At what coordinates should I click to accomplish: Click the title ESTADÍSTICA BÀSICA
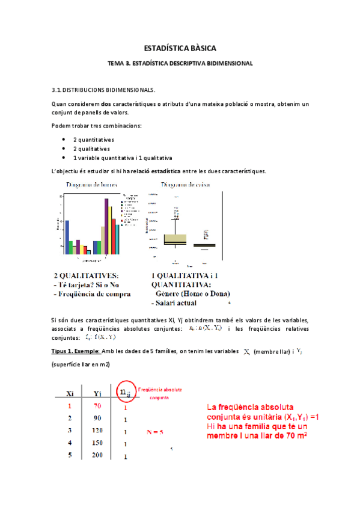tap(180, 48)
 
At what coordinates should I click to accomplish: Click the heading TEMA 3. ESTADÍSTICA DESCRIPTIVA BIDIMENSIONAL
tap(180, 63)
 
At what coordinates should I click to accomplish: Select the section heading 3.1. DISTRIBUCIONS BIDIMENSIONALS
tap(103, 91)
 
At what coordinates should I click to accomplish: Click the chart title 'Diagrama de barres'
tap(92, 185)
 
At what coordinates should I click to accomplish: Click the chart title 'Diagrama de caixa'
tap(185, 185)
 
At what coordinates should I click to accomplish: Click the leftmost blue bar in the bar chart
tap(67, 237)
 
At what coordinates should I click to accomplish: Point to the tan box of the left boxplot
tap(175, 239)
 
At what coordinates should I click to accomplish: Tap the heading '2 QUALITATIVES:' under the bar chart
tap(87, 275)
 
